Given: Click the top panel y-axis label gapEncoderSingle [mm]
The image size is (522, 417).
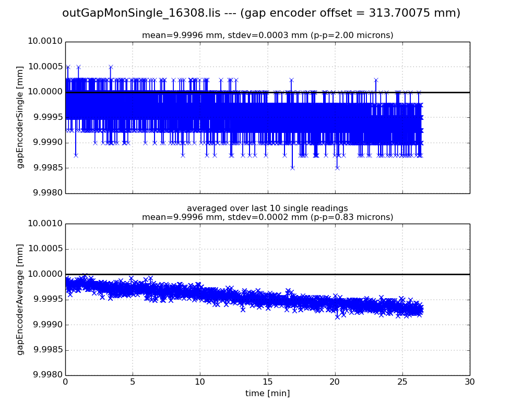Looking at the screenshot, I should coord(20,117).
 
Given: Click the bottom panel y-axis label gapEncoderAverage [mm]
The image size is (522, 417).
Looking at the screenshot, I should coord(20,299).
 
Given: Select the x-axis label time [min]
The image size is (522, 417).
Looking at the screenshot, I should coord(267,394).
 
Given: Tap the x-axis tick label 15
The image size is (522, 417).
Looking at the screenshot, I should coord(267,382).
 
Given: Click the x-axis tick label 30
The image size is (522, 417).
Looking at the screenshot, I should coord(470,382).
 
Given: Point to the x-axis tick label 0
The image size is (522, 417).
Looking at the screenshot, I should coord(65,382).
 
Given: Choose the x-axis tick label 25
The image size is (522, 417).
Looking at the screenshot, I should coord(402,382).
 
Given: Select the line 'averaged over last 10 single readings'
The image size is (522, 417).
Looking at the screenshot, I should coord(267,208).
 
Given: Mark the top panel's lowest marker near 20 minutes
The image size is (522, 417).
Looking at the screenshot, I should coord(337,167).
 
